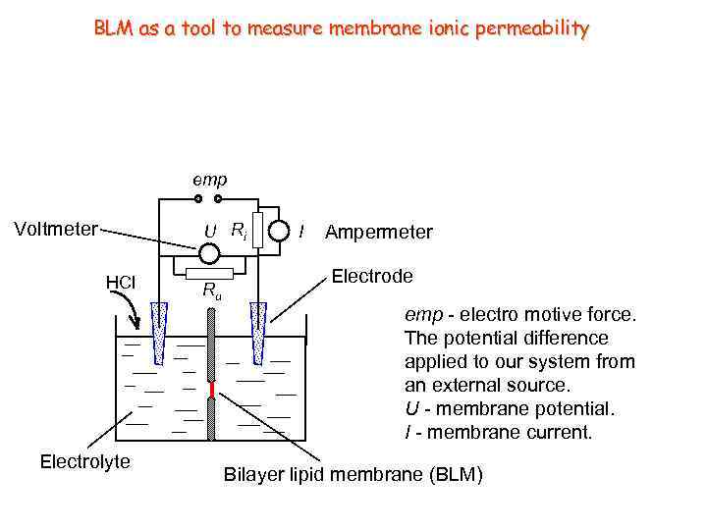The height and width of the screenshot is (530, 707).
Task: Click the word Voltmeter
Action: tap(55, 230)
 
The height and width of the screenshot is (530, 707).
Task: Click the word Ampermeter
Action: tap(378, 233)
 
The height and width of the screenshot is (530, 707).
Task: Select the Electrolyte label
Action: tap(84, 461)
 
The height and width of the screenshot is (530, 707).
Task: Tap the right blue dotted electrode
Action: tap(259, 329)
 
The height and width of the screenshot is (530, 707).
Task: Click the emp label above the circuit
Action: tap(209, 180)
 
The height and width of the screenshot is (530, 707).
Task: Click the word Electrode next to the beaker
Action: tap(372, 276)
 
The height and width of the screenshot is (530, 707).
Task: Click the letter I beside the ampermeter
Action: tap(301, 233)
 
